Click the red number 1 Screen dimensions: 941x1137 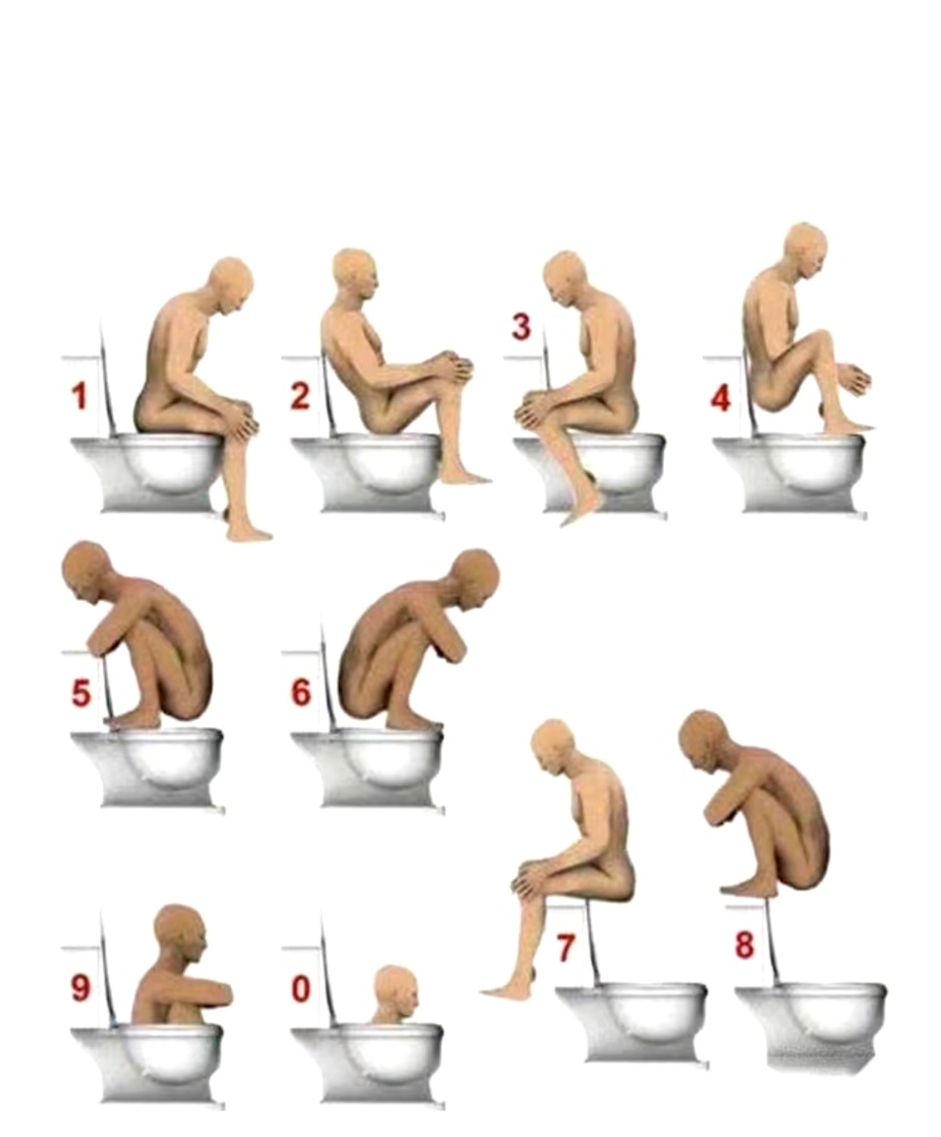pos(80,397)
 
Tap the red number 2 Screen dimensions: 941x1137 pos(300,396)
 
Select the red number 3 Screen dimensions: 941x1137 pos(520,328)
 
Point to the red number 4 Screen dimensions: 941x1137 pos(720,399)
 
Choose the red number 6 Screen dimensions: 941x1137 pos(301,692)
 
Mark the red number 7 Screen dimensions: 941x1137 pos(565,948)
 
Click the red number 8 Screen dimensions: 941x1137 pos(745,945)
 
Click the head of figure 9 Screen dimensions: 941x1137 pos(180,933)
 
